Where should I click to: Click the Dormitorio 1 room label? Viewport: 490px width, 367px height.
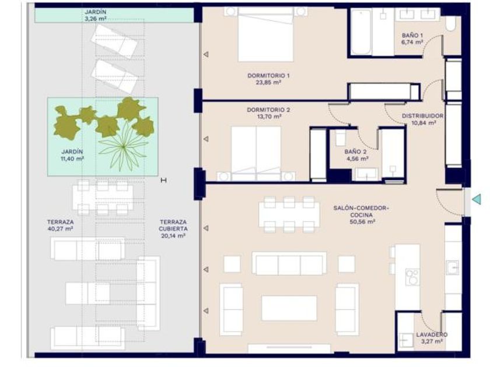pos(268,76)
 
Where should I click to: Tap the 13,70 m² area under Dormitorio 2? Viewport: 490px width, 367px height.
pos(268,117)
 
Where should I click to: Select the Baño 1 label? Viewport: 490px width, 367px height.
pos(412,36)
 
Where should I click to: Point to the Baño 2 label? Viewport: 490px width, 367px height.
pos(355,151)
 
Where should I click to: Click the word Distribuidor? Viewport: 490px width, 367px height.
pos(422,116)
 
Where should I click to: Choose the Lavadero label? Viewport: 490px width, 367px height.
pos(432,334)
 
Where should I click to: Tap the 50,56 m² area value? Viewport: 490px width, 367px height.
pos(362,222)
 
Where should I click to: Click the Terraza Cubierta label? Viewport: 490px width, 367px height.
pos(173,225)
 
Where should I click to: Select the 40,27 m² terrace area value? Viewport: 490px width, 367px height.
pos(60,229)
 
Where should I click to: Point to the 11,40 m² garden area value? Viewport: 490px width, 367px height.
pos(72,158)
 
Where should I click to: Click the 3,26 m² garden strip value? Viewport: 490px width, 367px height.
pos(95,19)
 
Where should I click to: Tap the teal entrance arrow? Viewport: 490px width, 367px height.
pos(477,199)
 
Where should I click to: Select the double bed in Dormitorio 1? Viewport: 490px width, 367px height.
pos(265,34)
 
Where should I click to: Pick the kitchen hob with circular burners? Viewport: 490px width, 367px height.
pos(412,277)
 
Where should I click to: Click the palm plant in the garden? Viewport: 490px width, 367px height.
pos(124,145)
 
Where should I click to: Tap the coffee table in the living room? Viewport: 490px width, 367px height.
pos(289,308)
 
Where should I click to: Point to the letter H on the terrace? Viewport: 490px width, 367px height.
pos(163,180)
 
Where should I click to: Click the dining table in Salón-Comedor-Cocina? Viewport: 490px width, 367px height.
pos(289,215)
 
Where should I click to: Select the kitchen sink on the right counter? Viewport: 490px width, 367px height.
pos(452,268)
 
